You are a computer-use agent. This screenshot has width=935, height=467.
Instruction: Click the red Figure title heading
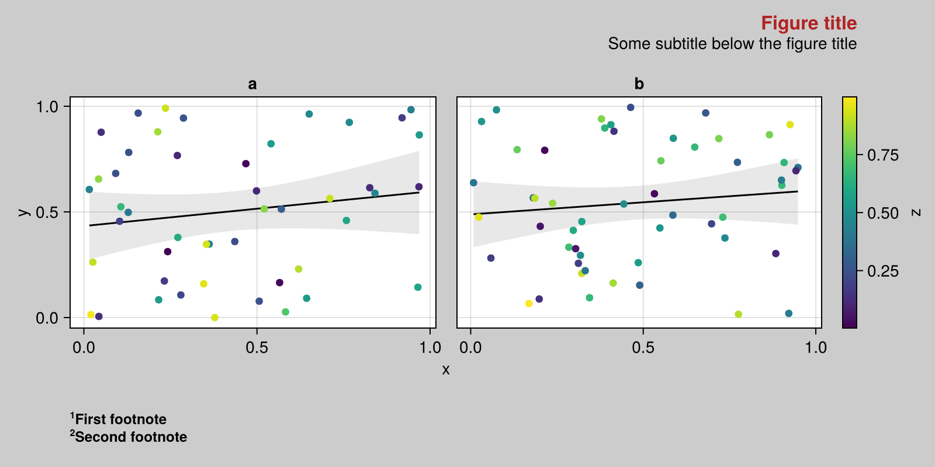coord(808,23)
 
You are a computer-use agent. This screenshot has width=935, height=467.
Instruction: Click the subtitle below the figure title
coord(732,44)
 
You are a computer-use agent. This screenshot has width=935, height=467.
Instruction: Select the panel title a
coord(252,84)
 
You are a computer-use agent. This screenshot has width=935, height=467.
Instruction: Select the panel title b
coord(639,84)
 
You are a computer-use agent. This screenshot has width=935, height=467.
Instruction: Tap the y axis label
coord(23,212)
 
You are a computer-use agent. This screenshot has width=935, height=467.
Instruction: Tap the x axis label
coord(446,370)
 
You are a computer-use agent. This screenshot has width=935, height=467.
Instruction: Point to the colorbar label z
coord(916,212)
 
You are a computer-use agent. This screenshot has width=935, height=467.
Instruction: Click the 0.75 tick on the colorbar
coord(882,155)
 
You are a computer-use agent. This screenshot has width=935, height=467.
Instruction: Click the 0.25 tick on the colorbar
coord(882,271)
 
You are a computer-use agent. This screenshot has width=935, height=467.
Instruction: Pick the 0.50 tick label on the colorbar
coord(882,213)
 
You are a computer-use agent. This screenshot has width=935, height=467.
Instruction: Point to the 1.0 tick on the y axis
coord(47,107)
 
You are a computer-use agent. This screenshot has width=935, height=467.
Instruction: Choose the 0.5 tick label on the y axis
coord(47,212)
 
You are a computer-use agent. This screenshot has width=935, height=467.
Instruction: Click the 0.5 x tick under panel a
coord(257,348)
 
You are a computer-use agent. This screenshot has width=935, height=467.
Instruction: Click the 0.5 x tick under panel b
coord(643,348)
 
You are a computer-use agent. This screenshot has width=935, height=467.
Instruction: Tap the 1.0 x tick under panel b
coord(816,348)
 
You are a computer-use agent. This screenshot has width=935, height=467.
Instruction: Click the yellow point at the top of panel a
coord(165,108)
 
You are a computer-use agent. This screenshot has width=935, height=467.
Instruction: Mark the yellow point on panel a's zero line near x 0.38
coord(214,318)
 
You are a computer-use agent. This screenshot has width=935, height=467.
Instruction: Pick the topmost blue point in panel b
coord(631,107)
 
